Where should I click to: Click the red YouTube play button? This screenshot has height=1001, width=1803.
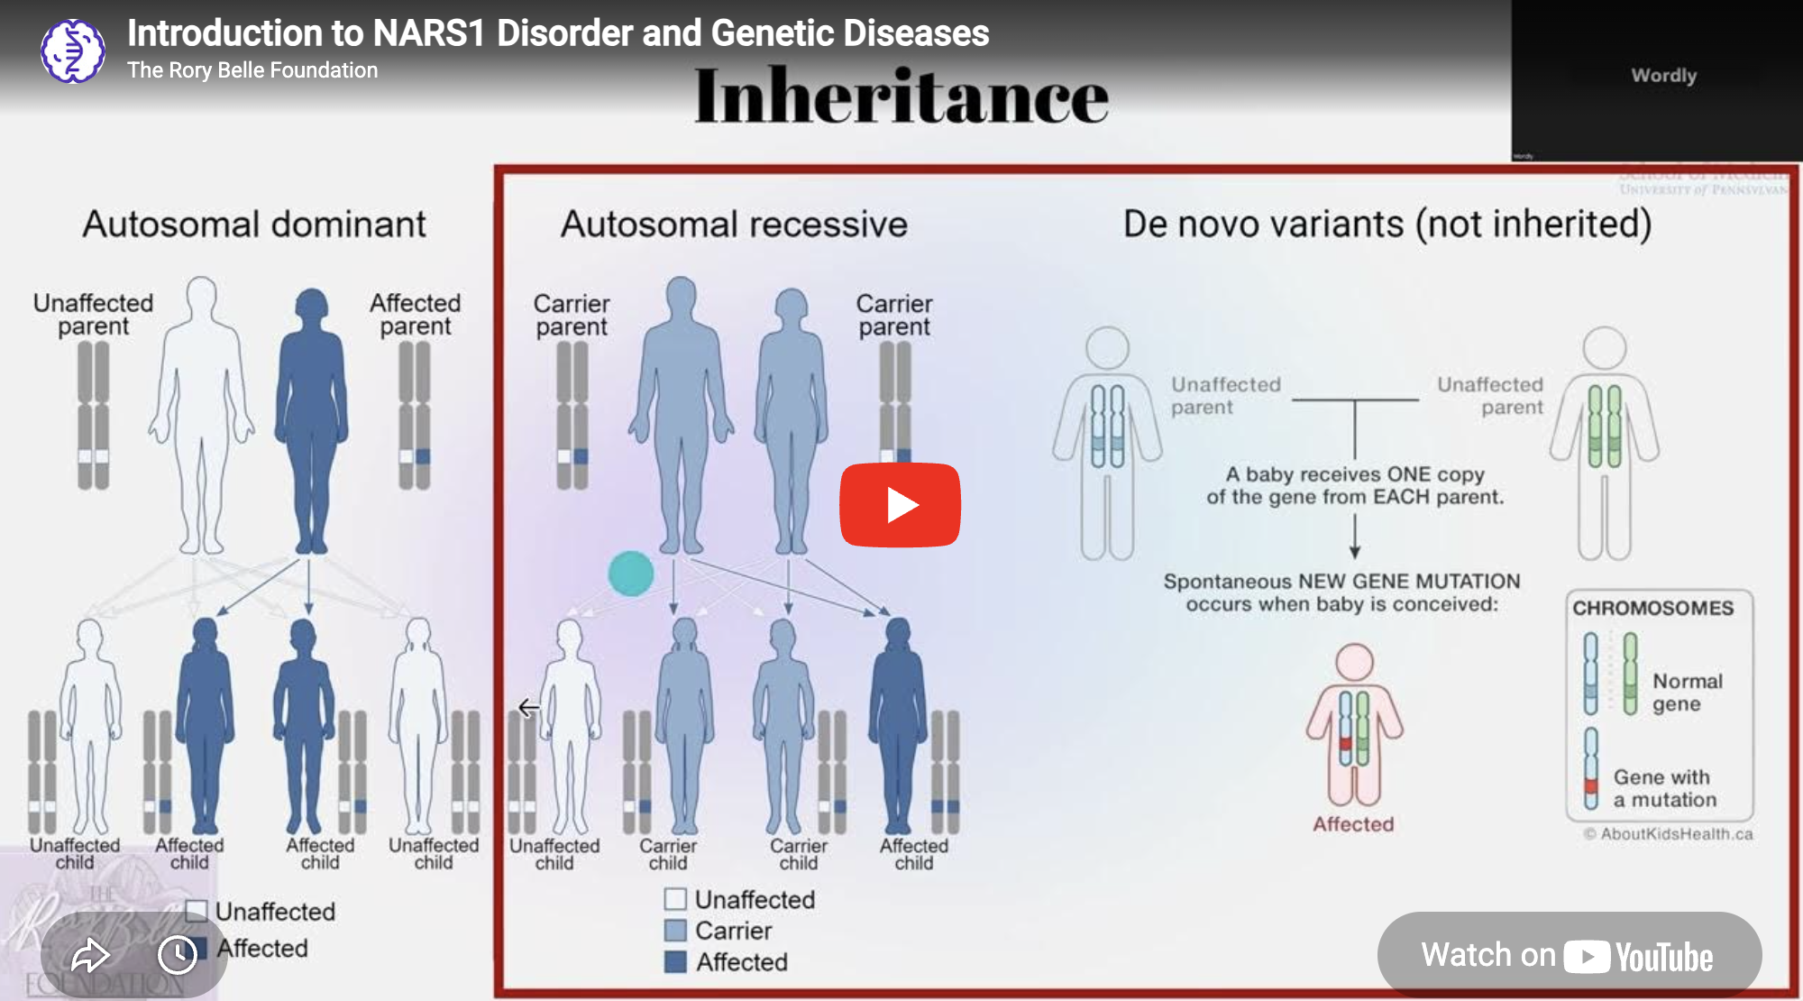(900, 505)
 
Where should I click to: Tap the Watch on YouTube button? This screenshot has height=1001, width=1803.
(1569, 955)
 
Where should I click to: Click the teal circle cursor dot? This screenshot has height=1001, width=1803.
(631, 574)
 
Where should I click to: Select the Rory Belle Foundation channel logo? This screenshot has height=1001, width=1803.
(73, 51)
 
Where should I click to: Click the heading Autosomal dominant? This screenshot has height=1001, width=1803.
(254, 225)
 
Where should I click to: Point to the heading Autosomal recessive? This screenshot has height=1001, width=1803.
(734, 225)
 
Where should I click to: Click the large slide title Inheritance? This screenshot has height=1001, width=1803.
(901, 96)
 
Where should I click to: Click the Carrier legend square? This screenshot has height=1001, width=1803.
(675, 930)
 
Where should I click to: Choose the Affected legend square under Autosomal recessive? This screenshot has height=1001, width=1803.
(675, 961)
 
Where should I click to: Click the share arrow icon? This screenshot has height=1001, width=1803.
(90, 955)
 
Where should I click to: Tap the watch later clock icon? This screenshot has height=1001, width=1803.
(177, 955)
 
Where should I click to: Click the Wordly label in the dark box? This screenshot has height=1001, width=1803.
(1663, 76)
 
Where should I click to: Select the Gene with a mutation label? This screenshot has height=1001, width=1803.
(1664, 788)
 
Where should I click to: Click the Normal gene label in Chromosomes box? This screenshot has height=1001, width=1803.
(1687, 693)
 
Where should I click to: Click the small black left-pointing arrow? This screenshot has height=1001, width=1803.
(529, 707)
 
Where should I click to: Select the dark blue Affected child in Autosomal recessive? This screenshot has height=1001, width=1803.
(898, 721)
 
